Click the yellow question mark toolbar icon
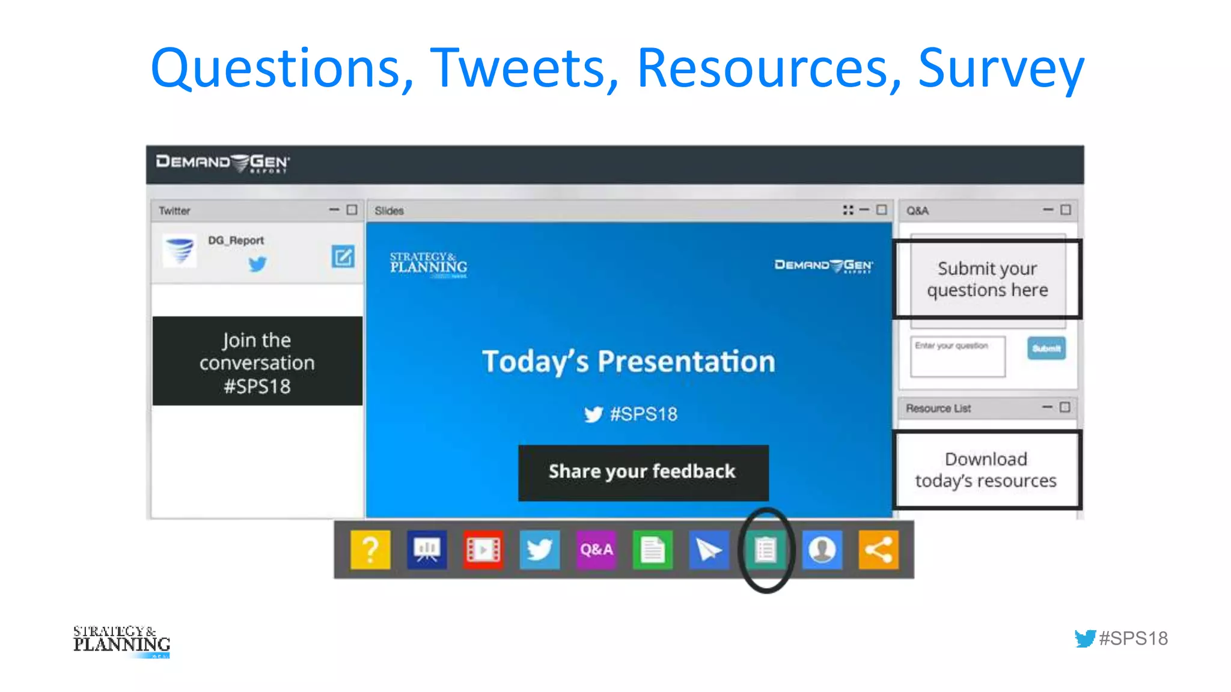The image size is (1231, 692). [x=370, y=549]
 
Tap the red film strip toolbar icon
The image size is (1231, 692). [x=483, y=549]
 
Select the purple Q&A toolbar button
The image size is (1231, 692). [x=596, y=549]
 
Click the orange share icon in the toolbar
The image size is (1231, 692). [x=878, y=549]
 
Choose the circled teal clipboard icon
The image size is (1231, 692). [x=766, y=549]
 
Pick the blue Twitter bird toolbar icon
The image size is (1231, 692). [x=540, y=549]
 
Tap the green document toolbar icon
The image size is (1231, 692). [x=653, y=549]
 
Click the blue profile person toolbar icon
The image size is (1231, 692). [x=822, y=549]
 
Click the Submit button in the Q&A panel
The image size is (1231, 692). [x=1046, y=348]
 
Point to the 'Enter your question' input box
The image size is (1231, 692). [x=958, y=357]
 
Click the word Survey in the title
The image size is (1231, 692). [x=1001, y=68]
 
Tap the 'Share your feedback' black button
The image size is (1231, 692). [x=643, y=472]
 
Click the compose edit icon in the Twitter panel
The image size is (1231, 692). [x=343, y=257]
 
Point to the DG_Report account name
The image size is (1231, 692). [x=236, y=240]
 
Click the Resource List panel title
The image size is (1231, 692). [x=938, y=408]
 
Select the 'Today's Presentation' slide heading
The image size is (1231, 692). [x=629, y=362]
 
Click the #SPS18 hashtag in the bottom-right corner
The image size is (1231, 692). [x=1133, y=638]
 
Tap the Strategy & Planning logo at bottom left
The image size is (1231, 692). [x=121, y=641]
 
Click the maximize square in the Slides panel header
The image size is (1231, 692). [x=882, y=210]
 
